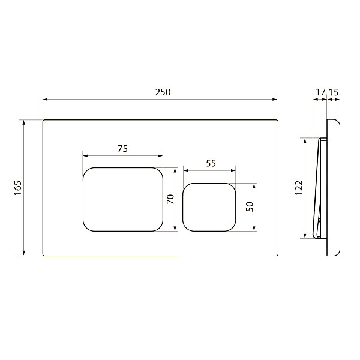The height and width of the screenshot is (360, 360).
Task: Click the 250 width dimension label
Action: (163, 92)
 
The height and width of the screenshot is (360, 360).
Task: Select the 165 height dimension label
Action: (17, 188)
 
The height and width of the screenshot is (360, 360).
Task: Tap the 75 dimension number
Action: (122, 149)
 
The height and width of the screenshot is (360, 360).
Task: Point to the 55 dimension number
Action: (211, 163)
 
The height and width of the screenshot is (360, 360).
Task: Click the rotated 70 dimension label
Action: (170, 199)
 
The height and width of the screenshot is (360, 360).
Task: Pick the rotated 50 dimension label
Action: (250, 206)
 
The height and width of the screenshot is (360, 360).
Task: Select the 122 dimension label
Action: (299, 188)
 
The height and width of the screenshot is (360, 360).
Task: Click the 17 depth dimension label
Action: (320, 92)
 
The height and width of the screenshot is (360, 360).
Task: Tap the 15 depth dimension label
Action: (334, 92)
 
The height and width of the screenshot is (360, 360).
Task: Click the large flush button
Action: (123, 199)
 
